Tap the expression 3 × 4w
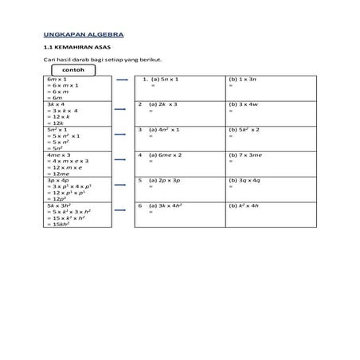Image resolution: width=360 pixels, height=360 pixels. coord(246,104)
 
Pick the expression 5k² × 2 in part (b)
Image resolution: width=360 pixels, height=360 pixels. coord(248,129)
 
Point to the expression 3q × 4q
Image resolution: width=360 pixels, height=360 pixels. coord(246,180)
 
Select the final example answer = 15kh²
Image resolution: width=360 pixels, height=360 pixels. coord(62,225)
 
